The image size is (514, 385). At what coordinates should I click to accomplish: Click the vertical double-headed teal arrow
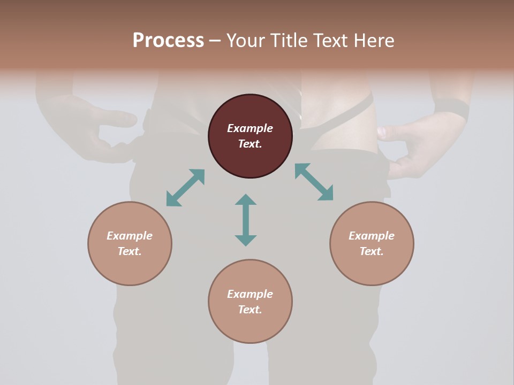246,220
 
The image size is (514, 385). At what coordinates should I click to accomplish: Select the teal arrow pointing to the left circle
185,188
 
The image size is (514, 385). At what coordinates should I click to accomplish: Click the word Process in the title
168,40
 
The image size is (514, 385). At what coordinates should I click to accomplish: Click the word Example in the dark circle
250,128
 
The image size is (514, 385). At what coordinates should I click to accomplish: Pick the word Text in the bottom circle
250,310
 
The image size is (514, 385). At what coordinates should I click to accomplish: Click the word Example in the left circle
130,236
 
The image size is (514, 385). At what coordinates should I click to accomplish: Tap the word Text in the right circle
372,251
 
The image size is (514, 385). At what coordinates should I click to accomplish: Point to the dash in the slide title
215,41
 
